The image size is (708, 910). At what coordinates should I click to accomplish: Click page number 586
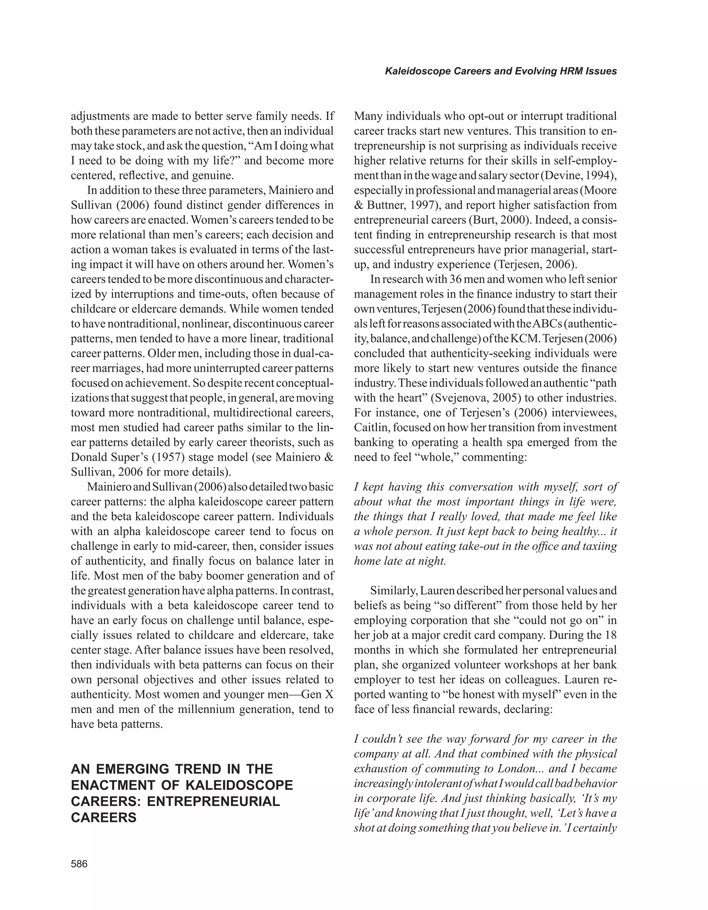[x=79, y=864]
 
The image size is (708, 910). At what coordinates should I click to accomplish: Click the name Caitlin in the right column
[x=371, y=428]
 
